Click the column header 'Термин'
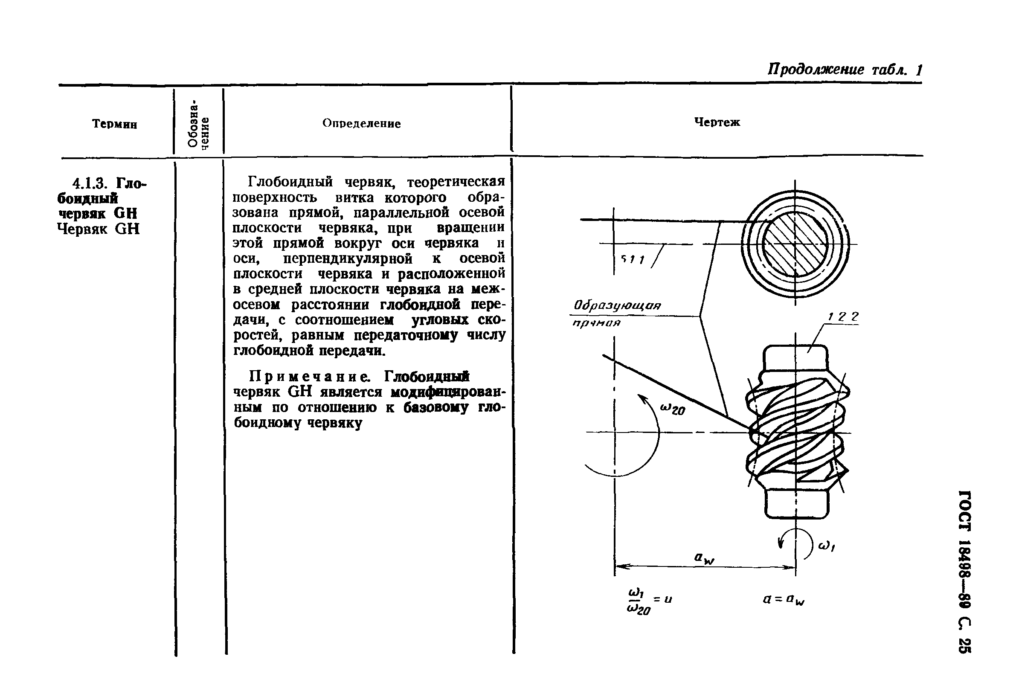pos(115,124)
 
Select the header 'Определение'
pos(361,124)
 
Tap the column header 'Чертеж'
pos(717,122)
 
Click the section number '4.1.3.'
pos(92,183)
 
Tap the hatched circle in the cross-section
pos(795,244)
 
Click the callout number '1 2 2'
pos(843,316)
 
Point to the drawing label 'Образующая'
pos(617,305)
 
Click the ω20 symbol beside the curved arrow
pos(672,409)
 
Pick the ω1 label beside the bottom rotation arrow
pos(826,546)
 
